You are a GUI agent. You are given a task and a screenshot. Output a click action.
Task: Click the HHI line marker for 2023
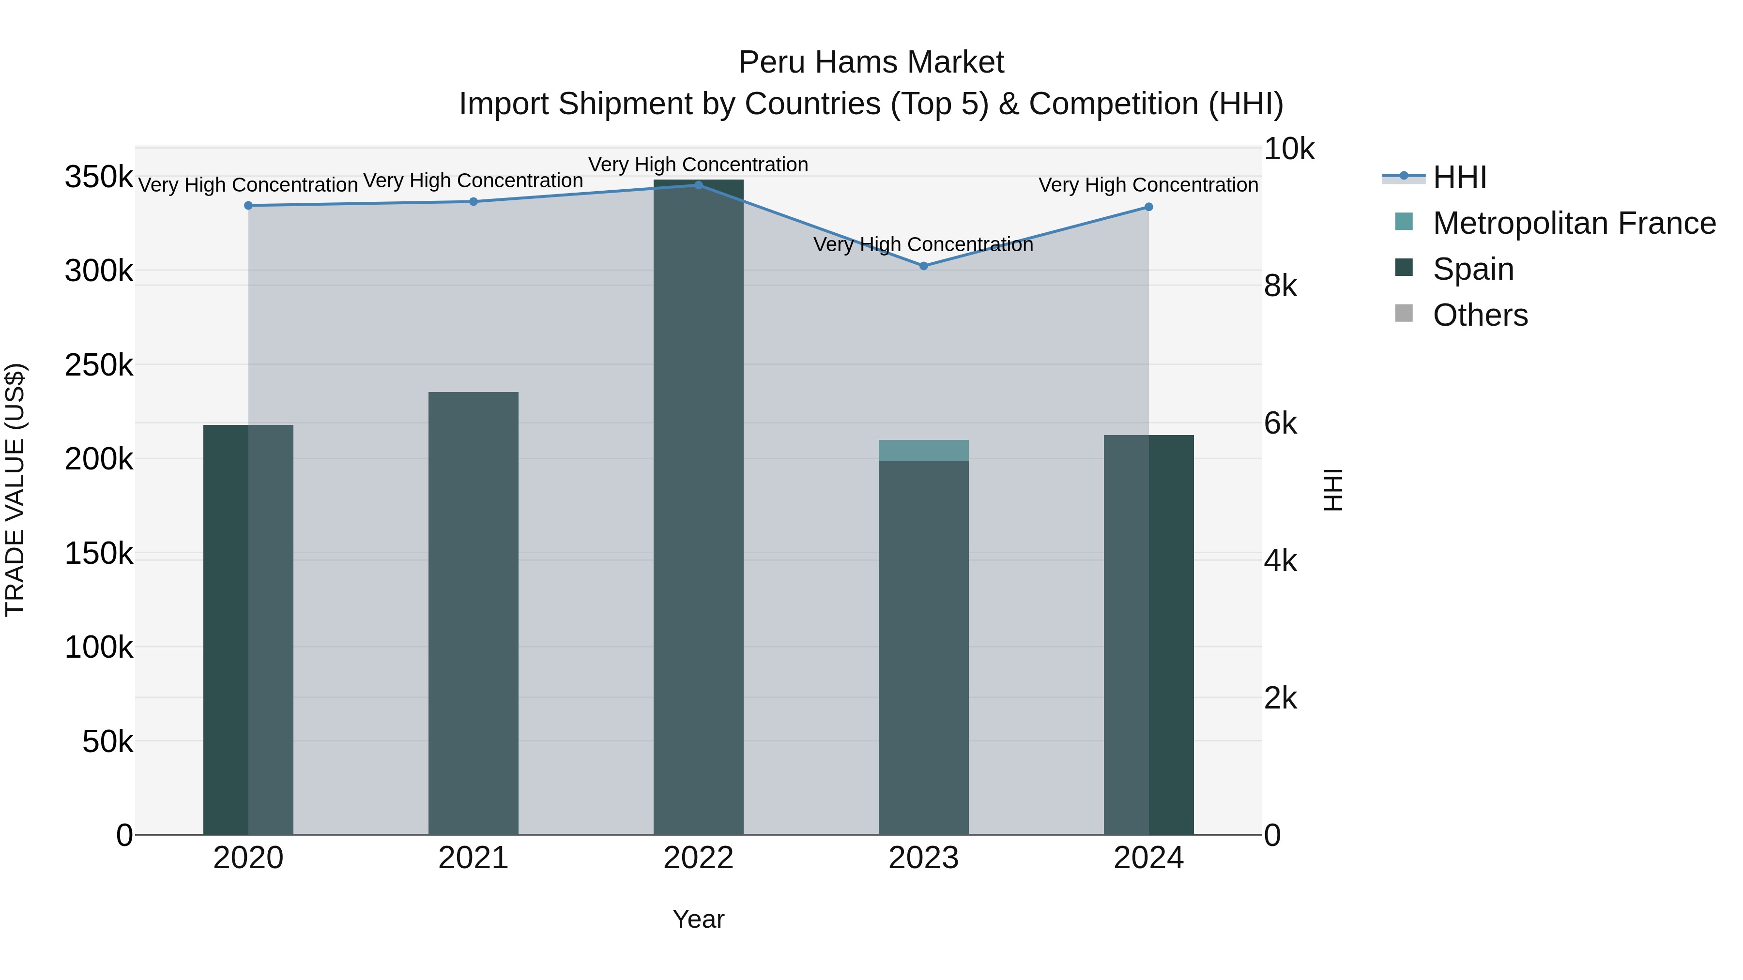click(924, 266)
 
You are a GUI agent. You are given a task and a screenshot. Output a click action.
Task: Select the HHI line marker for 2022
click(698, 185)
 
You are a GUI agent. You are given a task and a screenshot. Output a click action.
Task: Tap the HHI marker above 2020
click(248, 206)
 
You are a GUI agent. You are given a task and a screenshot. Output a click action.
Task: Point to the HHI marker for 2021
click(474, 201)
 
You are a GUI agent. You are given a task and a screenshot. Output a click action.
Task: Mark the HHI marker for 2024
click(1149, 207)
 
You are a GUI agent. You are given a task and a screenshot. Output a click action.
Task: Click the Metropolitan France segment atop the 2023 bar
click(924, 451)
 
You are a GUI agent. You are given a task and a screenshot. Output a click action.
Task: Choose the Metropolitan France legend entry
click(1574, 223)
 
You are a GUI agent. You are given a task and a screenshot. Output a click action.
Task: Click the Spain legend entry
click(1473, 269)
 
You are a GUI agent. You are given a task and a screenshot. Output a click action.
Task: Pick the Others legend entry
click(1480, 315)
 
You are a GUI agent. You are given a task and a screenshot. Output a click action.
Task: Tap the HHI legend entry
click(1459, 177)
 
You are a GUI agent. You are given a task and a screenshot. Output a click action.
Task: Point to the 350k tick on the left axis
click(99, 177)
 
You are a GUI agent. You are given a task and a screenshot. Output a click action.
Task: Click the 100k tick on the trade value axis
click(99, 647)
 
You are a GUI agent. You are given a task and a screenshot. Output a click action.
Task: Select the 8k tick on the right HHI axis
click(1280, 286)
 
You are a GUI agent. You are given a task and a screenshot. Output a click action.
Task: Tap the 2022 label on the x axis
click(698, 858)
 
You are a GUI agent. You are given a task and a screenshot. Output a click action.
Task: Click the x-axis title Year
click(698, 919)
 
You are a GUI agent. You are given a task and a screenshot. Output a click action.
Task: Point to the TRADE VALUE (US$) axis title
click(15, 490)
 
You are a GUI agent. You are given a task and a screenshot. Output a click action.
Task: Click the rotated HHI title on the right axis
click(1333, 490)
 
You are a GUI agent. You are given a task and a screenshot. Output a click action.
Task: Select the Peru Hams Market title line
click(871, 62)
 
